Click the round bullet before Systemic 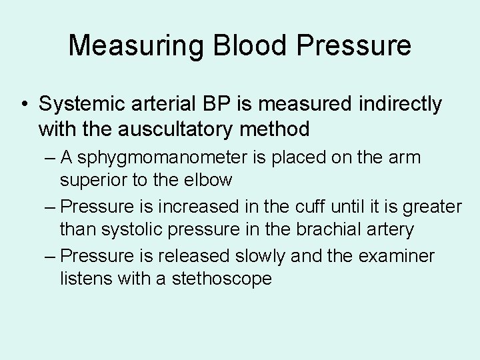(24, 105)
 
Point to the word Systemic (80, 104)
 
